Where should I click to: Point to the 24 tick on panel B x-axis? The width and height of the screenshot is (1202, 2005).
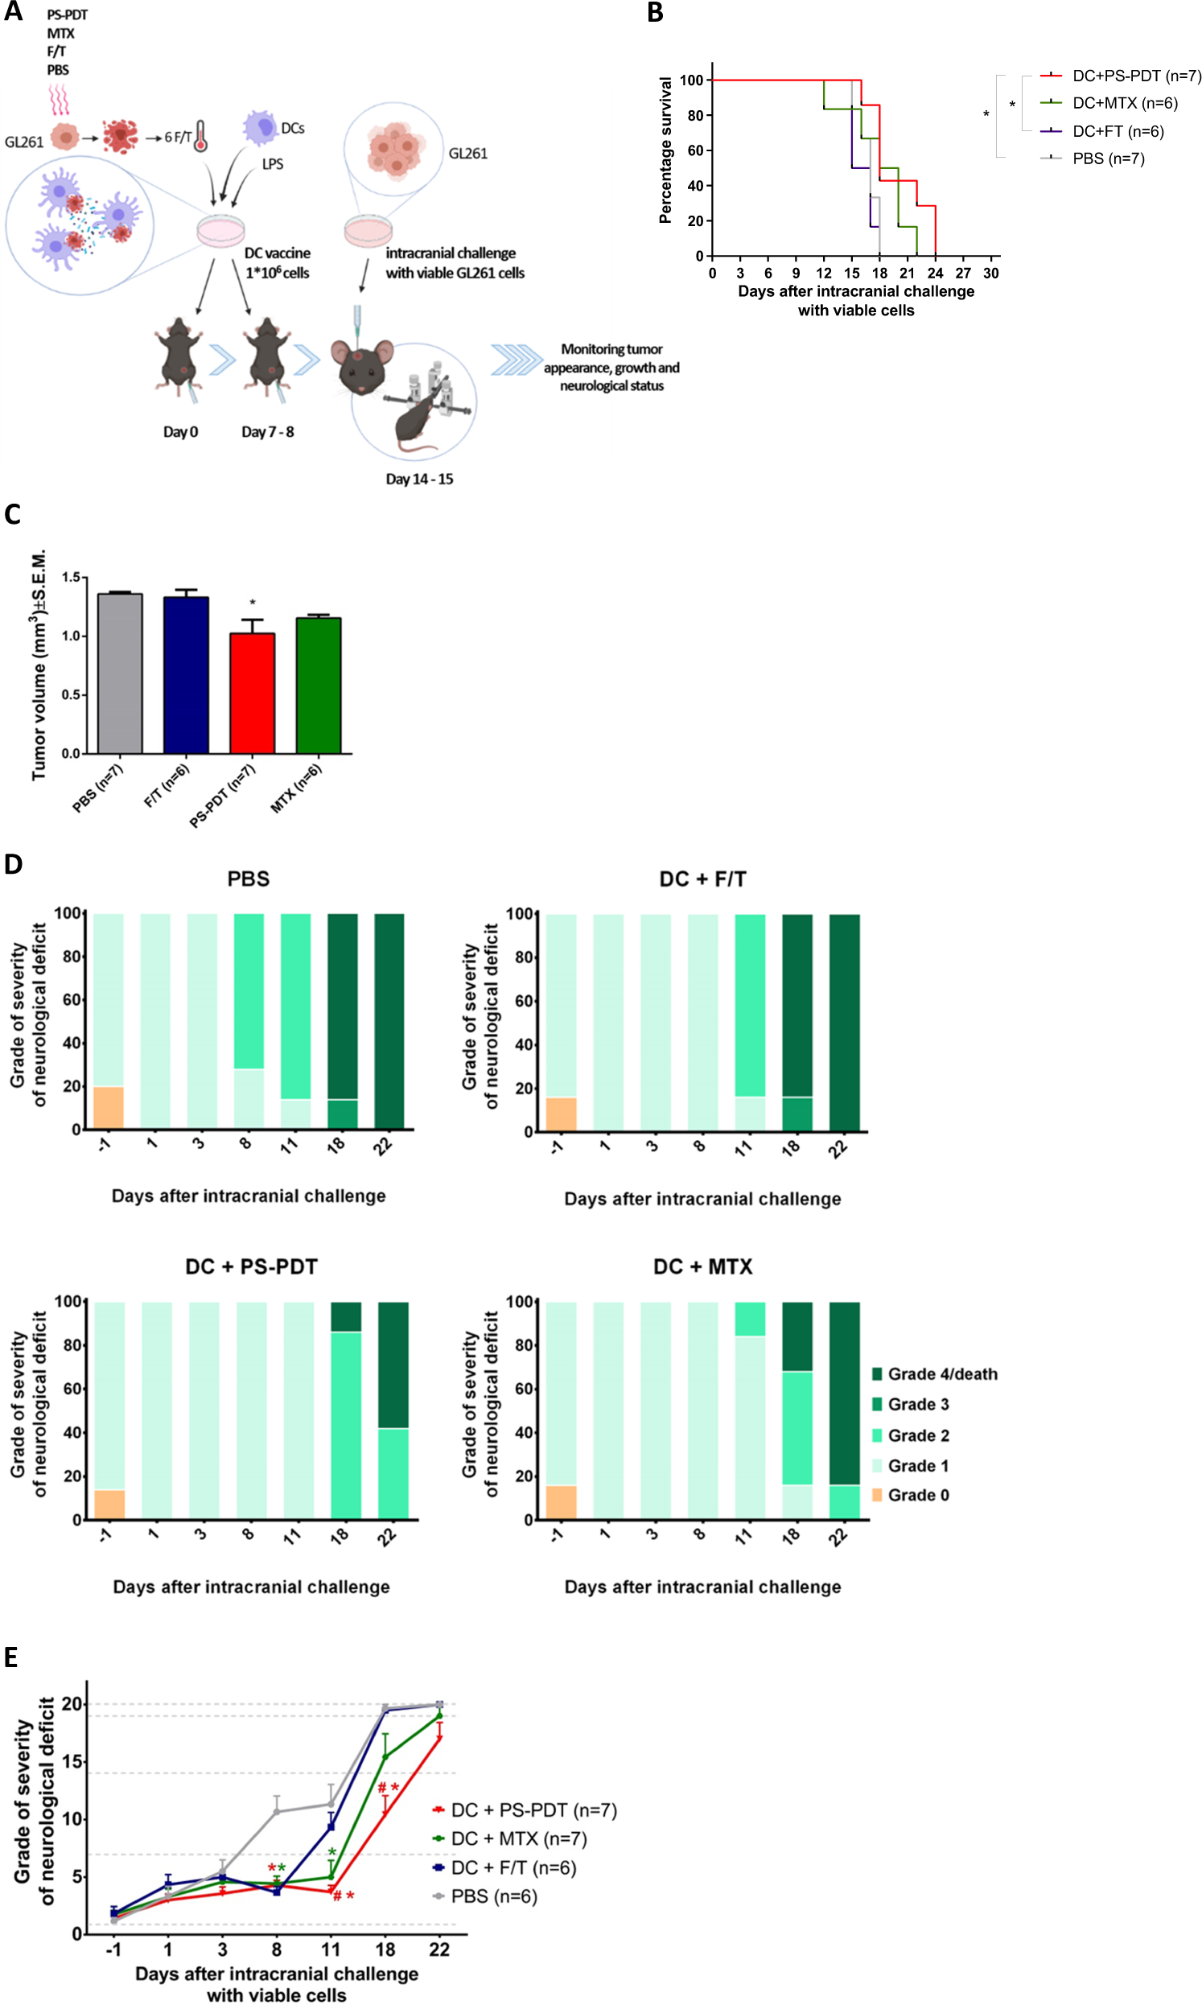point(935,274)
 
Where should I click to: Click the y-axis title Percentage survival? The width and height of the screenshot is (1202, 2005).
point(666,150)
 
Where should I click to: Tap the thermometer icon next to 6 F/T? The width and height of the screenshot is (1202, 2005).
point(201,137)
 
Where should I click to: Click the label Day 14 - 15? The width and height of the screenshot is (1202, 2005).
point(418,480)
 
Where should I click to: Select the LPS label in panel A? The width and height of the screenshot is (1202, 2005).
point(272,164)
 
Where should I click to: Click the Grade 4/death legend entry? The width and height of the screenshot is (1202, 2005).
point(941,1374)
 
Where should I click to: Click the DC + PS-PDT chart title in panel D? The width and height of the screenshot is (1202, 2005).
point(251,1267)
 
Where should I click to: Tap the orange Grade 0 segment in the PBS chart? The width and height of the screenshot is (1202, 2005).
point(109,1108)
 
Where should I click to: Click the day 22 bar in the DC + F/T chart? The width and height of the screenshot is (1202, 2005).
point(844,1022)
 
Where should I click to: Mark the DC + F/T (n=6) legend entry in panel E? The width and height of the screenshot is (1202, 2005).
point(512,1868)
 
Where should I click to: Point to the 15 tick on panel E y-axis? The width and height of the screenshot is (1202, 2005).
point(73,1762)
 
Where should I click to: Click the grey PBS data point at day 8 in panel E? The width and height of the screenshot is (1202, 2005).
point(277,1812)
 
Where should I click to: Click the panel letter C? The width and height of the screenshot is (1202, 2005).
point(12,515)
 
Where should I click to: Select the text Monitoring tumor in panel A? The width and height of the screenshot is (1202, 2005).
point(611,350)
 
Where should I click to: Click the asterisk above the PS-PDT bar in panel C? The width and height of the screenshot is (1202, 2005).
point(253,603)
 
